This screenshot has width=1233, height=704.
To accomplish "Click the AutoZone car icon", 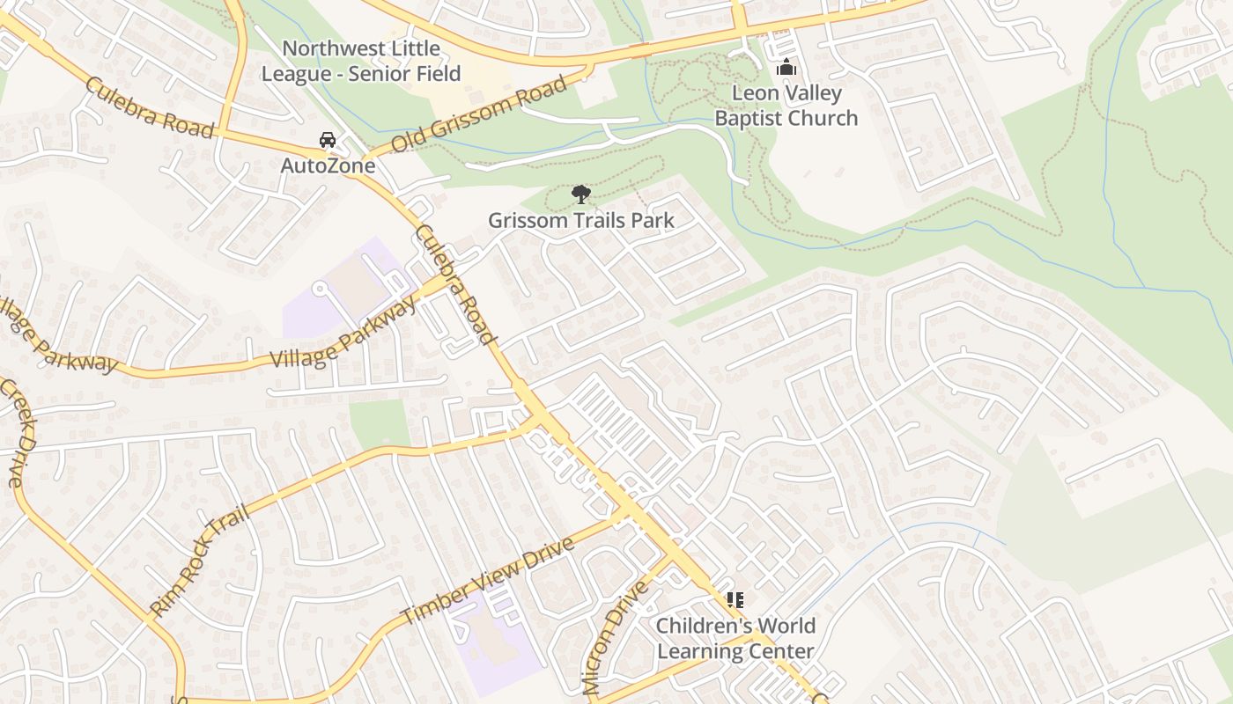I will tap(328, 140).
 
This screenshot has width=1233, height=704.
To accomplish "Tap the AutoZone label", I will tap(328, 165).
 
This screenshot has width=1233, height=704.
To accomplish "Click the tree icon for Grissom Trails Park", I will tap(580, 194).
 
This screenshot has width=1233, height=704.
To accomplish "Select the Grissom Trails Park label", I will tap(581, 220).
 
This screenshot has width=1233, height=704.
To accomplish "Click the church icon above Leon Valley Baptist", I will tap(786, 68).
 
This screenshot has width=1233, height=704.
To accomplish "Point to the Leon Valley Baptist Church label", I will tap(786, 106).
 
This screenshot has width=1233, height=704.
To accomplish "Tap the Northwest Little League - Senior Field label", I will tap(361, 61).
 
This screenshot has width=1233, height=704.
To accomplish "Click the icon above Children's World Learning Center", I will tap(735, 600).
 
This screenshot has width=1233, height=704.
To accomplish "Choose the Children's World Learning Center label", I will tap(735, 639).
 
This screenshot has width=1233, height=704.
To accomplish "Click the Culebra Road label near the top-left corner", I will tap(150, 108).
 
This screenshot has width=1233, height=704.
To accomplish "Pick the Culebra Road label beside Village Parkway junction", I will tap(454, 283).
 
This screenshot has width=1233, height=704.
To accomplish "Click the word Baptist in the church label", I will tap(750, 118).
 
